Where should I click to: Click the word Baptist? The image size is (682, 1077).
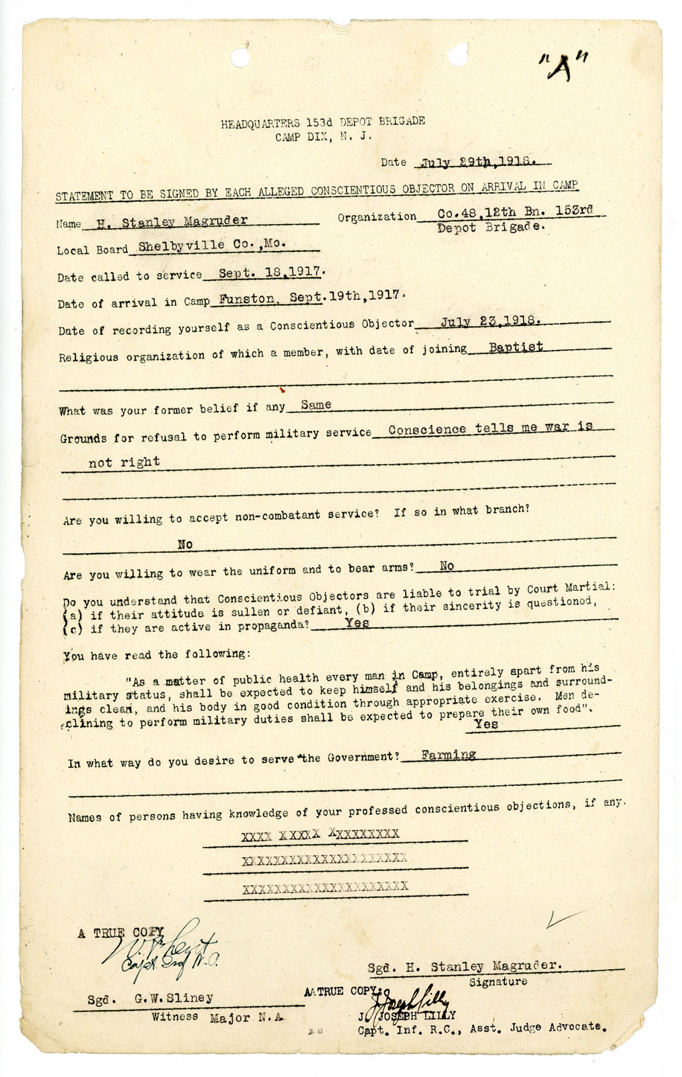pyautogui.click(x=516, y=347)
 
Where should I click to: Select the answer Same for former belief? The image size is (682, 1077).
pyautogui.click(x=316, y=405)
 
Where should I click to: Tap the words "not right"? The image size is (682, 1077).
pyautogui.click(x=124, y=462)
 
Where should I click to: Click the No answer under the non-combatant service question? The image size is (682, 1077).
pyautogui.click(x=185, y=544)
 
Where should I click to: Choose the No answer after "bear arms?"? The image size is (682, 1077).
pyautogui.click(x=446, y=566)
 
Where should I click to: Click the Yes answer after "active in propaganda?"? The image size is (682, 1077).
pyautogui.click(x=356, y=623)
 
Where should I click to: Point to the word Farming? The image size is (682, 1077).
pyautogui.click(x=448, y=755)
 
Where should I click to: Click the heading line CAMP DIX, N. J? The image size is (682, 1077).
pyautogui.click(x=324, y=136)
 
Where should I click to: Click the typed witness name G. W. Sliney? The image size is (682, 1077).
pyautogui.click(x=174, y=998)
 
